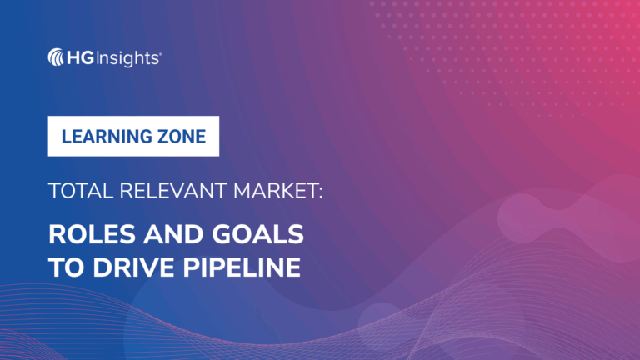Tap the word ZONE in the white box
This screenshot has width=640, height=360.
(x=182, y=136)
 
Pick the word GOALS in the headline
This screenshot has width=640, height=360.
(x=249, y=235)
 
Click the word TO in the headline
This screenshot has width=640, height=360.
(x=63, y=268)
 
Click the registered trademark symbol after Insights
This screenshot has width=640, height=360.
(x=160, y=52)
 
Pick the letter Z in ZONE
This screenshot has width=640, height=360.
(x=160, y=136)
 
